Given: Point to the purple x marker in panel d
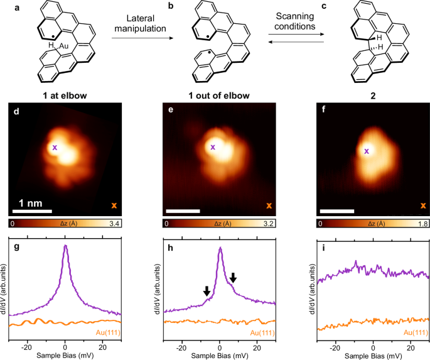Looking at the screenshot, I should click(55, 148).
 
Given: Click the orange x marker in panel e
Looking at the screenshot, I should click(269, 205).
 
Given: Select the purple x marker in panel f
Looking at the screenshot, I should click(366, 151).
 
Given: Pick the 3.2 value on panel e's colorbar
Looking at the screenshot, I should click(268, 224).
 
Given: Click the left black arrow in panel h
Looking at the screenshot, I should click(207, 291).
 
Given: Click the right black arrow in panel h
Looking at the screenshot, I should click(233, 277).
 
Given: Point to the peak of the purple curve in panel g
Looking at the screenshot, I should click(65, 246).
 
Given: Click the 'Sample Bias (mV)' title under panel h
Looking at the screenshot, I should click(219, 355).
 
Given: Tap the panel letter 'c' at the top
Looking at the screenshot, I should click(323, 5).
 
